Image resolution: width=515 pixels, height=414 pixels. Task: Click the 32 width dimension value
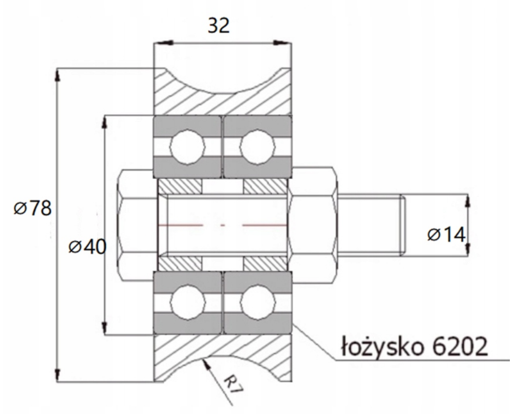(219, 25)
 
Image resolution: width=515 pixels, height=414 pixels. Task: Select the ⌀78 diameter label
(33, 208)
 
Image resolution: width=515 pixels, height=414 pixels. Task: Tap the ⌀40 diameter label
(87, 247)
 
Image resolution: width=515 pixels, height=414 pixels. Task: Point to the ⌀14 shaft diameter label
(447, 235)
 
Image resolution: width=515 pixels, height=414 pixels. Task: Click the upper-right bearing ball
(257, 146)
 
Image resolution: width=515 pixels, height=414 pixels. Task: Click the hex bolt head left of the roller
(135, 225)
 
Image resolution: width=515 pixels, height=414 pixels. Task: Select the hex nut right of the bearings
(314, 225)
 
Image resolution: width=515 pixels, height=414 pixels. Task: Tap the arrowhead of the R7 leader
(206, 363)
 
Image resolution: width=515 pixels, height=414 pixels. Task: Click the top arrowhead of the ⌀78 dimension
(58, 74)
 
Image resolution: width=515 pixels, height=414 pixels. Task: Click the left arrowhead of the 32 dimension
(163, 43)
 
